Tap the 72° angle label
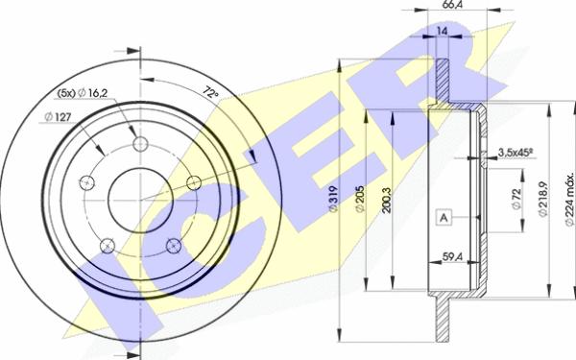(x=212, y=93)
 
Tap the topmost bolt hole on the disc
(x=142, y=145)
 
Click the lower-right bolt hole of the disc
(x=174, y=244)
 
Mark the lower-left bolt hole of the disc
(x=109, y=244)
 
